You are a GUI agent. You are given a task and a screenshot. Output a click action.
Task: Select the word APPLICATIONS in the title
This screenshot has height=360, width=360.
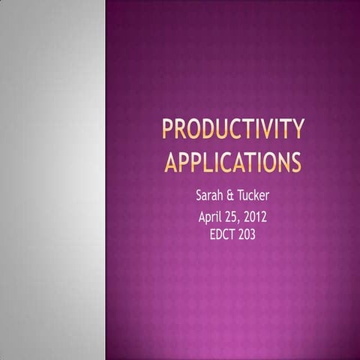pos(233,161)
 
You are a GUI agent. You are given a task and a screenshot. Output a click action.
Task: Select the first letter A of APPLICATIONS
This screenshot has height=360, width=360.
pos(170,161)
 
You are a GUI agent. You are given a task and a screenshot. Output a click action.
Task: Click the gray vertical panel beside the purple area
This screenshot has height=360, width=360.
pos(52,180)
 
